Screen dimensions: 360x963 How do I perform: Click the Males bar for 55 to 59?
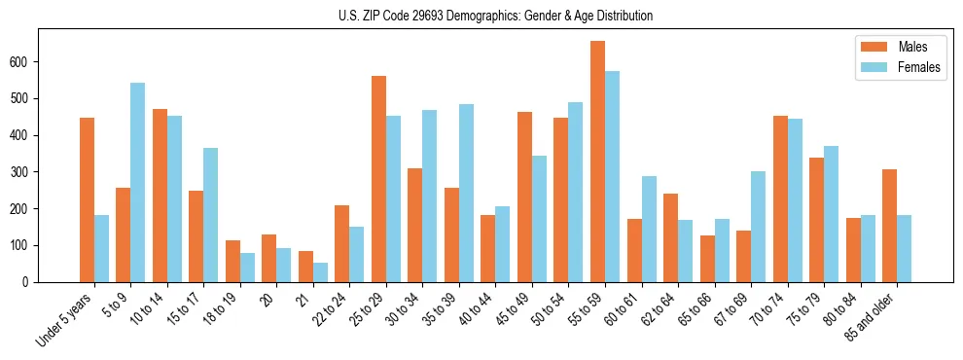(597, 162)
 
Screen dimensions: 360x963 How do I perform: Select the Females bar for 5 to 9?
(138, 182)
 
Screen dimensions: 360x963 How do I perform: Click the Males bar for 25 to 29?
(378, 179)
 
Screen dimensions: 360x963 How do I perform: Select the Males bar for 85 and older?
(889, 226)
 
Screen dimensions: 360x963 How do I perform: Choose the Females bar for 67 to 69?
(758, 227)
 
